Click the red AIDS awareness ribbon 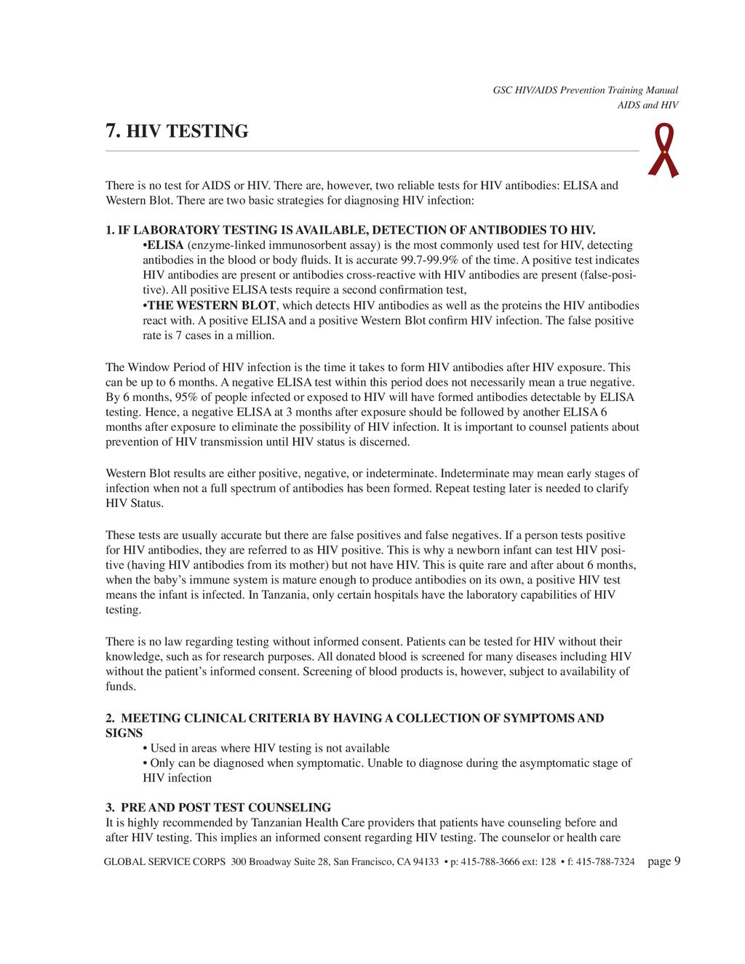tap(663, 150)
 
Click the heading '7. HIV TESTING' tap(177, 132)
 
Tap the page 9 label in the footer tap(664, 861)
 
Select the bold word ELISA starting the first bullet tap(165, 245)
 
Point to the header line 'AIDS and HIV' tap(648, 105)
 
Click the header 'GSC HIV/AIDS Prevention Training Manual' tap(585, 90)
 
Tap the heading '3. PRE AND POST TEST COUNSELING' tap(218, 808)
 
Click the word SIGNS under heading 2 tap(124, 733)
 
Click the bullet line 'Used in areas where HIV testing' tap(269, 748)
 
